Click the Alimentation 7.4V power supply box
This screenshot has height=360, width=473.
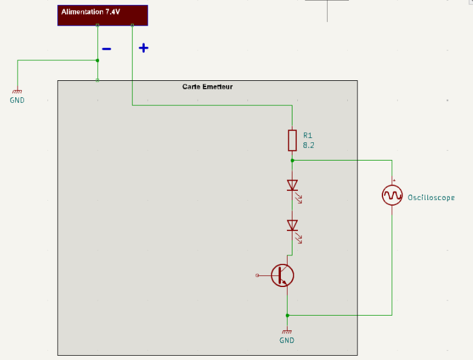[103, 15]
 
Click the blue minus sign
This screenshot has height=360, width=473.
[106, 49]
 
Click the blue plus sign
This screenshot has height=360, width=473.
[143, 48]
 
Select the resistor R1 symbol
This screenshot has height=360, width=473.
[292, 140]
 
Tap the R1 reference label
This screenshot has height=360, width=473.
[308, 135]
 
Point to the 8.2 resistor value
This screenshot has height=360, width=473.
[308, 145]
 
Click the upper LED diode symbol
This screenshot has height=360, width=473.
[294, 190]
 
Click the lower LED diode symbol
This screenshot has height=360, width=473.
[294, 230]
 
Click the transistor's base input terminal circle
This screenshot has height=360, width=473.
[257, 275]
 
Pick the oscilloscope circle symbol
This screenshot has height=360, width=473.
[392, 196]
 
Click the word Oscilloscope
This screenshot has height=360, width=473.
[431, 198]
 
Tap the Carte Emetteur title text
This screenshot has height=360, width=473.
[207, 87]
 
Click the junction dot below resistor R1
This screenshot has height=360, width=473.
[292, 161]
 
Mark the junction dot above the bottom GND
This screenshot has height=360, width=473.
[287, 316]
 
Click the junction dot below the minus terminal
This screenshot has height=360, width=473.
[97, 60]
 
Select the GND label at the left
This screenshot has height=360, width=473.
[17, 100]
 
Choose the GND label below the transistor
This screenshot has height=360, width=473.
[287, 341]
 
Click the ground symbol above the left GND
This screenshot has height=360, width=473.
[17, 91]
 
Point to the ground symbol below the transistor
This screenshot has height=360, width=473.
[287, 331]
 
